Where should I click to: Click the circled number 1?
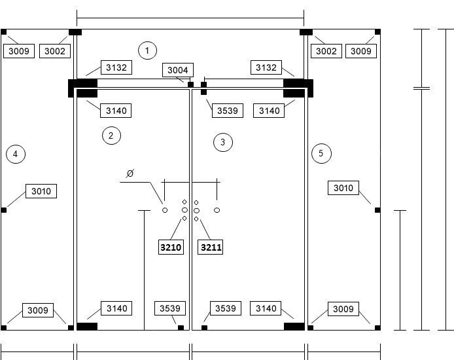(147, 50)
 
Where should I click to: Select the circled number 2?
(111, 135)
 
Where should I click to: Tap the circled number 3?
(223, 142)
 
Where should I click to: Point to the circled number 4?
(16, 154)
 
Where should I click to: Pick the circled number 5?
(321, 153)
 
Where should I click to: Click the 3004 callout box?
(178, 70)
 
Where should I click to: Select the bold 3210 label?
(171, 247)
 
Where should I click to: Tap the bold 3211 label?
(211, 247)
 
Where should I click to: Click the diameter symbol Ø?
(130, 173)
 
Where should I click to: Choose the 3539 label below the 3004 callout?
(228, 111)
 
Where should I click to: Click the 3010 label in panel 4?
(41, 191)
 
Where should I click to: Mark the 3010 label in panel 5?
(343, 188)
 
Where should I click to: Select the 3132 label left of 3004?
(116, 67)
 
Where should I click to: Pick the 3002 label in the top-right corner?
(326, 51)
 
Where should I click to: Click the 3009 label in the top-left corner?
(19, 51)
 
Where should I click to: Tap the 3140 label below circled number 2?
(116, 308)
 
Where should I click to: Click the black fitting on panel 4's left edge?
(4, 210)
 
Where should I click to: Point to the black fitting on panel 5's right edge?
(377, 210)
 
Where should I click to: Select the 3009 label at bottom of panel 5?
(343, 309)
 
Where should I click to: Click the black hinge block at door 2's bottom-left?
(87, 327)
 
